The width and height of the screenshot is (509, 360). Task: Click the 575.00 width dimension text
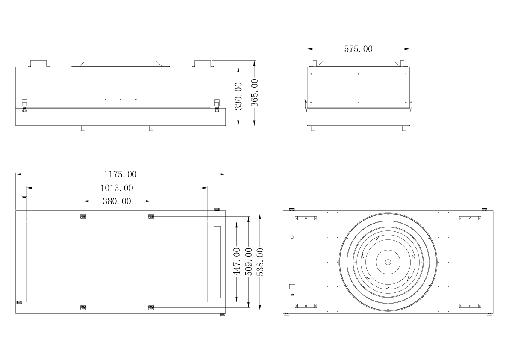[x=358, y=49]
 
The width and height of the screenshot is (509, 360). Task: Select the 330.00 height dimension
[x=239, y=96]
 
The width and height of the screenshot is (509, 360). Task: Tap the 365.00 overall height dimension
[x=254, y=93]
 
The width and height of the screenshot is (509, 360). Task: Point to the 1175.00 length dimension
[x=120, y=174]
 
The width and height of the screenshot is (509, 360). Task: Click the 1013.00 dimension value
[x=117, y=188]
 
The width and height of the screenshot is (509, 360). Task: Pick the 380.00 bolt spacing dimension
[x=117, y=201]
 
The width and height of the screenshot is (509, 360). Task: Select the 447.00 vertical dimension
[x=237, y=262]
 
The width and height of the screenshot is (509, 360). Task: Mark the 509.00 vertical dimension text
[x=249, y=262]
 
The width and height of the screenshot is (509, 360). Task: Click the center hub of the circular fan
[x=388, y=262]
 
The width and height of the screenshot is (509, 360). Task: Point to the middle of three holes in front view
[x=121, y=100]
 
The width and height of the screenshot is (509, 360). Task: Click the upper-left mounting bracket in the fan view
[x=306, y=218]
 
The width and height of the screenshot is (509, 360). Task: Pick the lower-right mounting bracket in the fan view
[x=470, y=306]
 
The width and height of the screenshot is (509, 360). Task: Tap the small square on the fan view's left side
[x=293, y=287]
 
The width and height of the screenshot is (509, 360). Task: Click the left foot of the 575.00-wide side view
[x=313, y=128]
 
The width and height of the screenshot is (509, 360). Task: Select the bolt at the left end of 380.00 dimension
[x=83, y=216]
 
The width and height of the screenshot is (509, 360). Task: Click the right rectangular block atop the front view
[x=203, y=64]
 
